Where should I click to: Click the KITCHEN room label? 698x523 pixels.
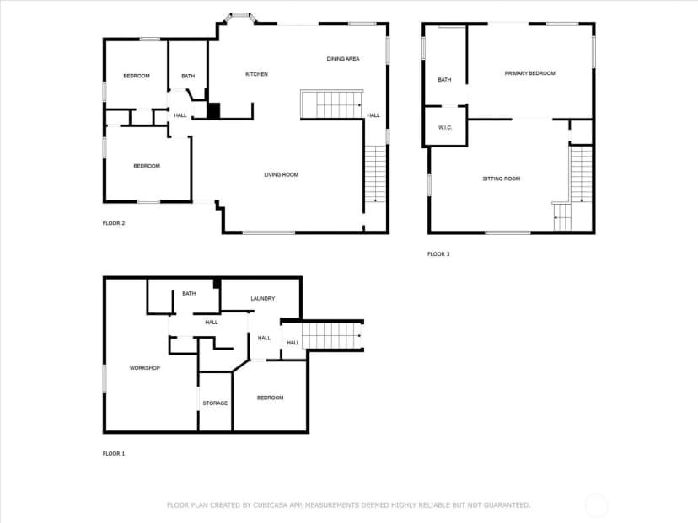point(257,74)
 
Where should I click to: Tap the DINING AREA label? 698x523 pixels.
point(343,59)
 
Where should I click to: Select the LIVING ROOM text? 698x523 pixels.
point(282,175)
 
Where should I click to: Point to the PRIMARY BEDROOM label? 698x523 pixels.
point(529,73)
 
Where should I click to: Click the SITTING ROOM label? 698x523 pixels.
point(502,179)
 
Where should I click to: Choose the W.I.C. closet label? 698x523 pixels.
point(445,128)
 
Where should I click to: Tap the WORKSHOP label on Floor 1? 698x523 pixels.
point(145,368)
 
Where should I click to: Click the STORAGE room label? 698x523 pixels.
point(215,403)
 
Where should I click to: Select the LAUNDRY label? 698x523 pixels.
point(263,298)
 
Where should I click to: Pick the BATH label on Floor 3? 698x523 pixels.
point(444,80)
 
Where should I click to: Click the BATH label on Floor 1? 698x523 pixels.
point(189,294)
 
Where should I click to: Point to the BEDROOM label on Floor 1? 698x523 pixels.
point(271,398)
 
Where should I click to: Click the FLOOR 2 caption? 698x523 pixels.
point(114,223)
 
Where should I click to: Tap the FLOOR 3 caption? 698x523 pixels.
point(438,254)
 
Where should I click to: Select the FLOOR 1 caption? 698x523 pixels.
point(114,454)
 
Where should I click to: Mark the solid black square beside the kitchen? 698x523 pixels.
point(213,110)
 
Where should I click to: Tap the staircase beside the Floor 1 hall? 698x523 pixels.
point(332,336)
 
